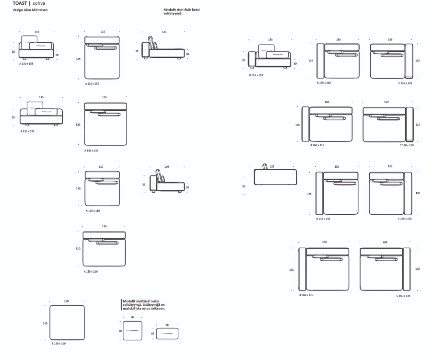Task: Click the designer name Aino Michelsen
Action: [x=30, y=10]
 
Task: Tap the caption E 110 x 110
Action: [x=59, y=344]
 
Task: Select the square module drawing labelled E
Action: [x=67, y=323]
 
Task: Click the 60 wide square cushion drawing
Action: [x=132, y=331]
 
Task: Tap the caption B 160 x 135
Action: [x=306, y=296]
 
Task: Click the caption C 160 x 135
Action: [x=403, y=296]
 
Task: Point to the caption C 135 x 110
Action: [x=405, y=83]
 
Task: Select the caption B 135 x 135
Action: [x=323, y=219]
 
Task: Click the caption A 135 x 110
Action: [x=91, y=271]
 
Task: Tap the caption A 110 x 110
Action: [x=93, y=211]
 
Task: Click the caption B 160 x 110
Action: [x=317, y=145]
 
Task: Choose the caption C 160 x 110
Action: [x=407, y=145]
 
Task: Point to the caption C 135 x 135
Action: [x=405, y=219]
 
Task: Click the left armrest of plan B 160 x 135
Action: [x=302, y=269]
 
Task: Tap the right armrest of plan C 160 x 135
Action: [x=407, y=269]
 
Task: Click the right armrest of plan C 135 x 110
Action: [x=409, y=60]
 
